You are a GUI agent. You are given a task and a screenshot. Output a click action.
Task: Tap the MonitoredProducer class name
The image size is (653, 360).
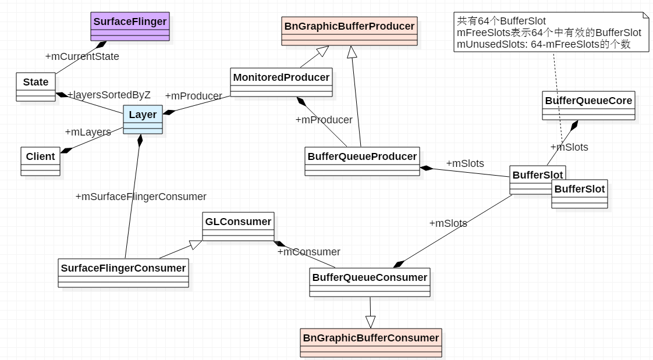[x=282, y=77]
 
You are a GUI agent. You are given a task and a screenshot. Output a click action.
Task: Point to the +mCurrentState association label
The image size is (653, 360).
[x=82, y=56]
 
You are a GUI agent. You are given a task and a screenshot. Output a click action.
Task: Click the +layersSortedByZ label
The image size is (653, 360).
[x=109, y=95]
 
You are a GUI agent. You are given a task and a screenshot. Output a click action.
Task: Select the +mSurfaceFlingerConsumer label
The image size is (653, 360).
[x=141, y=197]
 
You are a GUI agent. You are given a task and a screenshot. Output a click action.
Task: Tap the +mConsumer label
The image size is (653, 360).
[x=308, y=252]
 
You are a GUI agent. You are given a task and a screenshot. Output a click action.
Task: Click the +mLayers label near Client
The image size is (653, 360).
[x=88, y=132]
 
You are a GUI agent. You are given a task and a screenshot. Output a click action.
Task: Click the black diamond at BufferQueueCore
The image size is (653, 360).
[x=574, y=125]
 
